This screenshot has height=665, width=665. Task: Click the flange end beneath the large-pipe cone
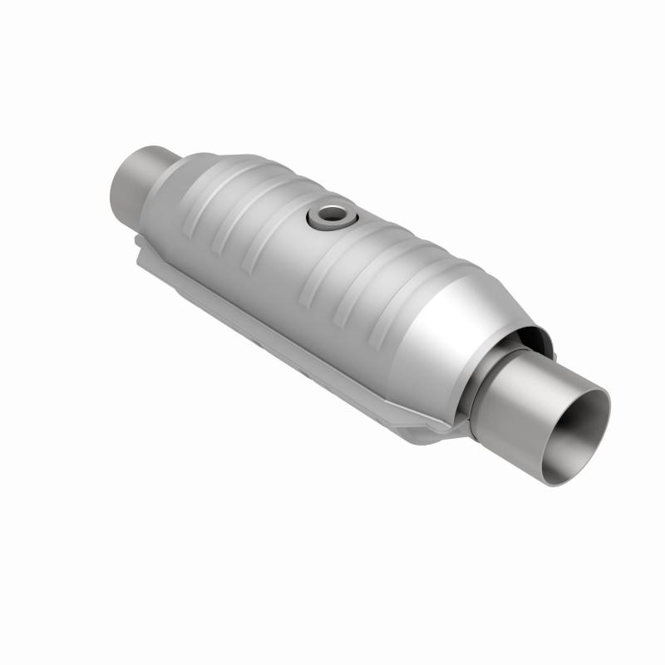pos(424,432)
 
